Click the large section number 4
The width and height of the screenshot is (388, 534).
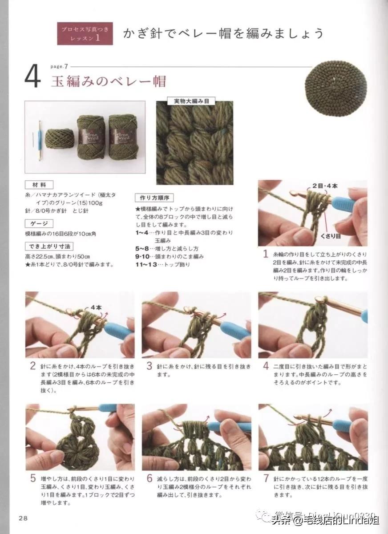[32, 78]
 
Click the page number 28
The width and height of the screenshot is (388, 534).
[23, 518]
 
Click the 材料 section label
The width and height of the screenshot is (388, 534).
[39, 184]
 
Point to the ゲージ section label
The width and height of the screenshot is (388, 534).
[39, 224]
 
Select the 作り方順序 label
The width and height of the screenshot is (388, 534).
[154, 198]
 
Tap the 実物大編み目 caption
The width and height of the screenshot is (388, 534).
[194, 101]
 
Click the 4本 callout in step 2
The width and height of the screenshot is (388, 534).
[96, 307]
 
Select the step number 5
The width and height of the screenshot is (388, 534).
[32, 478]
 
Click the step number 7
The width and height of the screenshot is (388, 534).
[266, 478]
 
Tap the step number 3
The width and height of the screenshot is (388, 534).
[150, 366]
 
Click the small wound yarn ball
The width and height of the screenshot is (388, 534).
[58, 138]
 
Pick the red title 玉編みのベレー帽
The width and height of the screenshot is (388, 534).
[109, 81]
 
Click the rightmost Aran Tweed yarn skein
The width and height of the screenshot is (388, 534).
[123, 136]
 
